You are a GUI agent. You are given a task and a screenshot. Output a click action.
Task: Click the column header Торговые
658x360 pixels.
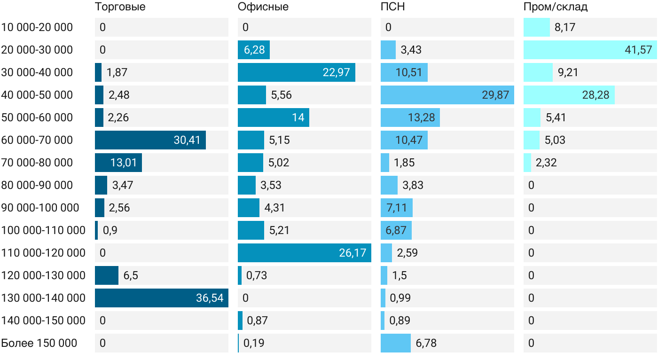point(120,7)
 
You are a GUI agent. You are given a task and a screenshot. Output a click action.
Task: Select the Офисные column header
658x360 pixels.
point(263,7)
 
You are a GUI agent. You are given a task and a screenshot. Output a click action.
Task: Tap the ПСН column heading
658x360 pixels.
point(393,7)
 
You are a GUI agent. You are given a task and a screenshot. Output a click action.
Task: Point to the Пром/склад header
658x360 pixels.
point(556,7)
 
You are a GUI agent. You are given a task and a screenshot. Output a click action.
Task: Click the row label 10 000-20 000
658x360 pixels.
point(37,27)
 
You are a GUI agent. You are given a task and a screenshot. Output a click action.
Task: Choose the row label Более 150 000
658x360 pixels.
point(39,343)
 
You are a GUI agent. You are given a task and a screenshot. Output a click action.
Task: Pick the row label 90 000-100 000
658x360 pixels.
point(40,208)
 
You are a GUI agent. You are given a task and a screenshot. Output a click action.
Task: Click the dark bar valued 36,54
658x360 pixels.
point(162,298)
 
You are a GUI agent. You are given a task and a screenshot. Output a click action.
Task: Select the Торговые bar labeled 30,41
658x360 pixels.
point(150,140)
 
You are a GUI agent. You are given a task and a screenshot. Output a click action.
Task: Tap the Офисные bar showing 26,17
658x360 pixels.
point(305,253)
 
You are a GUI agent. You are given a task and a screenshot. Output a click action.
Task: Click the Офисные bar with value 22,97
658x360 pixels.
point(297,72)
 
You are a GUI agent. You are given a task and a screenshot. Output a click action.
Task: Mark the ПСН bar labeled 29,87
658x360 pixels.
point(447,95)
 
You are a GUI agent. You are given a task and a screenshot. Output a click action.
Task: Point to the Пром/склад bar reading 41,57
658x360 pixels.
point(590,50)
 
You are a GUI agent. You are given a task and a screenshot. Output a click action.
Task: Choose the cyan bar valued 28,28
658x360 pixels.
point(569,95)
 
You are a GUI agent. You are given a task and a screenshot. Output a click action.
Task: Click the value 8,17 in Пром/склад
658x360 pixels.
point(564,27)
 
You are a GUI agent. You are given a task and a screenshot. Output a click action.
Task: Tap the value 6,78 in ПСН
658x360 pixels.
point(426,343)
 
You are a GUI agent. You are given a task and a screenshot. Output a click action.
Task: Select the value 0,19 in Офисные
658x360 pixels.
point(254,343)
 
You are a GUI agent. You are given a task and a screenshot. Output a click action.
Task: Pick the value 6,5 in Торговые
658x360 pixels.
point(131,275)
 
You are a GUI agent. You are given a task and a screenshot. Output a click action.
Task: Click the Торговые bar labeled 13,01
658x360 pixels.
point(118,163)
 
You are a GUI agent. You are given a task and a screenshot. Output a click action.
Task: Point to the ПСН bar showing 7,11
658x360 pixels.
point(397,208)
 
